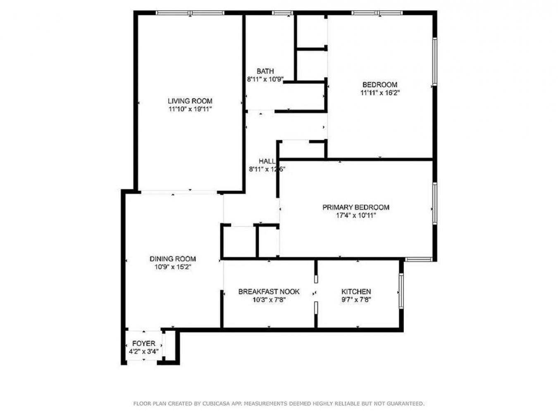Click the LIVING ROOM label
click(x=190, y=101)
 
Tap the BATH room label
click(x=265, y=71)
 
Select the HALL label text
click(x=267, y=161)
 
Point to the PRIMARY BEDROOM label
click(x=355, y=208)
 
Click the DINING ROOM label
click(x=172, y=259)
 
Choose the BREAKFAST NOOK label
click(x=269, y=292)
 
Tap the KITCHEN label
click(x=356, y=292)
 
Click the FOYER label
click(x=143, y=344)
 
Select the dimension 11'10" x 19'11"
click(x=190, y=109)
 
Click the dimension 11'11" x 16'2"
click(x=380, y=93)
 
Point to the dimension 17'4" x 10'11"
click(x=355, y=215)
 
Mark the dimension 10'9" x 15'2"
click(x=172, y=267)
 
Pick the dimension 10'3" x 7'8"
click(x=269, y=300)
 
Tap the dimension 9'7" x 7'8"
click(x=356, y=300)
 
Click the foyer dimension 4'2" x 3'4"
click(x=143, y=352)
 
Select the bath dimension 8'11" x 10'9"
click(x=265, y=79)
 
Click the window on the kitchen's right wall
click(x=401, y=291)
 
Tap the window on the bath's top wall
click(x=282, y=13)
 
